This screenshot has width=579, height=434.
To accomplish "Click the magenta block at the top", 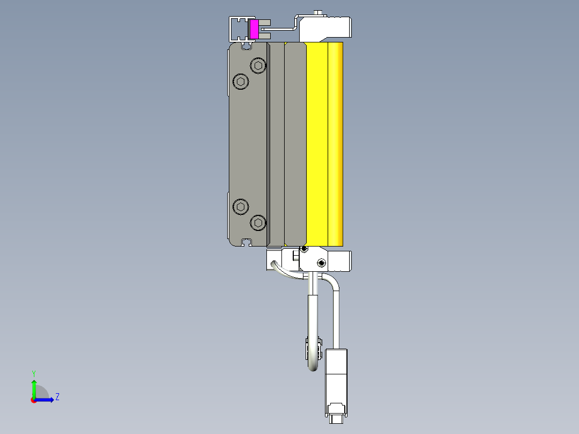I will click(254, 29).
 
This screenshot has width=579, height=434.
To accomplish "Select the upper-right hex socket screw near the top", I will click(259, 66).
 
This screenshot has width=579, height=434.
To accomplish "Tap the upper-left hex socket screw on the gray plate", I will click(241, 82).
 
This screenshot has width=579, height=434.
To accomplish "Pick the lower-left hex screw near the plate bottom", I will click(241, 206).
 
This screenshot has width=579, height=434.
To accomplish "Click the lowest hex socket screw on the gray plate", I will click(259, 222).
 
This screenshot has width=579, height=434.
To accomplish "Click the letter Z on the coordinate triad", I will click(57, 397).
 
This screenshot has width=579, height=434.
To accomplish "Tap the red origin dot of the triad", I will click(33, 400).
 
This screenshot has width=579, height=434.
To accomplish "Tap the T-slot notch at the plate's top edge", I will click(247, 47).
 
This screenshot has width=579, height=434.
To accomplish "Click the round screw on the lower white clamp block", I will click(321, 263).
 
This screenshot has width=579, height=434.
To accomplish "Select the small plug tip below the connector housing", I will click(337, 418).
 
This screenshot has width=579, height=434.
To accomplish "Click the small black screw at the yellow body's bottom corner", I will click(305, 249).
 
